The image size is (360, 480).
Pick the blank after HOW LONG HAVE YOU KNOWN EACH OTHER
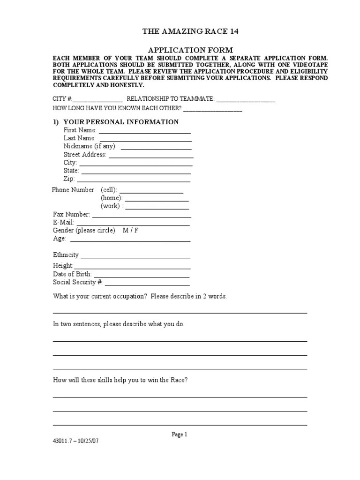pyautogui.click(x=213, y=110)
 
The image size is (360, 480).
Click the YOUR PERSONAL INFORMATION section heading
pyautogui.click(x=120, y=122)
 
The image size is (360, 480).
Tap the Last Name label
pyautogui.click(x=80, y=138)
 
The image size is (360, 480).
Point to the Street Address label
pyautogui.click(x=85, y=155)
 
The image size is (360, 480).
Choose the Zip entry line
pyautogui.click(x=134, y=180)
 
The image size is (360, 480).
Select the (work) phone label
pyautogui.click(x=112, y=206)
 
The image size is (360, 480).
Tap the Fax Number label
pyautogui.click(x=71, y=214)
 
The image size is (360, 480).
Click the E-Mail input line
pyautogui.click(x=133, y=225)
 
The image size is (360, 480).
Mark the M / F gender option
pyautogui.click(x=130, y=231)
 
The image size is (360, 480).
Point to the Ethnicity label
pyautogui.click(x=66, y=255)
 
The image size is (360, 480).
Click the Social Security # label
pyautogui.click(x=78, y=282)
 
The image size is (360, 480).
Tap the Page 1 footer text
pyautogui.click(x=179, y=435)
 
